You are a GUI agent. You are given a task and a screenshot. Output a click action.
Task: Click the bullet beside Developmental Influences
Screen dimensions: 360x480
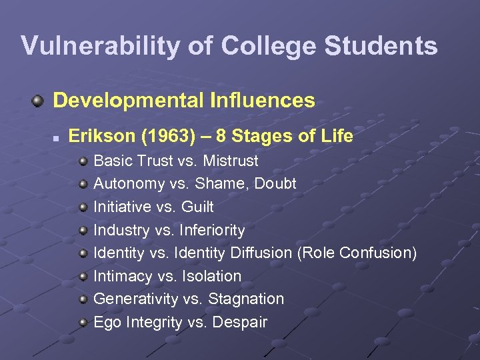point(39,101)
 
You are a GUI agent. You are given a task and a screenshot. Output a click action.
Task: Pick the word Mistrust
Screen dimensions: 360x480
point(231,161)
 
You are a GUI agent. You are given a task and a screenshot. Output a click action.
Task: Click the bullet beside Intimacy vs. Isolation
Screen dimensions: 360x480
point(83,276)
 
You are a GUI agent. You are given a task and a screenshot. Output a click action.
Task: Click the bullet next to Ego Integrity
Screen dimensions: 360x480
point(83,322)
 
